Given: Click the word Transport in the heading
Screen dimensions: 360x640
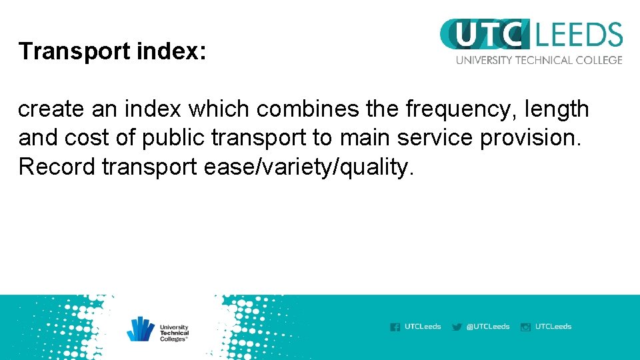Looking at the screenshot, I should click(x=61, y=51).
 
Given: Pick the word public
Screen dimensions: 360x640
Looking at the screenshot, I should click(x=175, y=138).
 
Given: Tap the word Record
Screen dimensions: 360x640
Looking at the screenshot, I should click(x=57, y=167).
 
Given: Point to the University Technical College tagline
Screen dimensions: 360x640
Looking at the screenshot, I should click(x=539, y=60).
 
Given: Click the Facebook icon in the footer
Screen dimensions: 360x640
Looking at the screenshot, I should click(x=395, y=327).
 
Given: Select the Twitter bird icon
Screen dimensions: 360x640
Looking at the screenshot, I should click(x=457, y=327).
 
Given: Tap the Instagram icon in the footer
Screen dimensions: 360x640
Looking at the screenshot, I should click(x=525, y=327).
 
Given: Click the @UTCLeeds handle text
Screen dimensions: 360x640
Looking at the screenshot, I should click(x=488, y=327).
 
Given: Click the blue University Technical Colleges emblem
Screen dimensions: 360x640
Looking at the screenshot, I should click(x=141, y=329).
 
